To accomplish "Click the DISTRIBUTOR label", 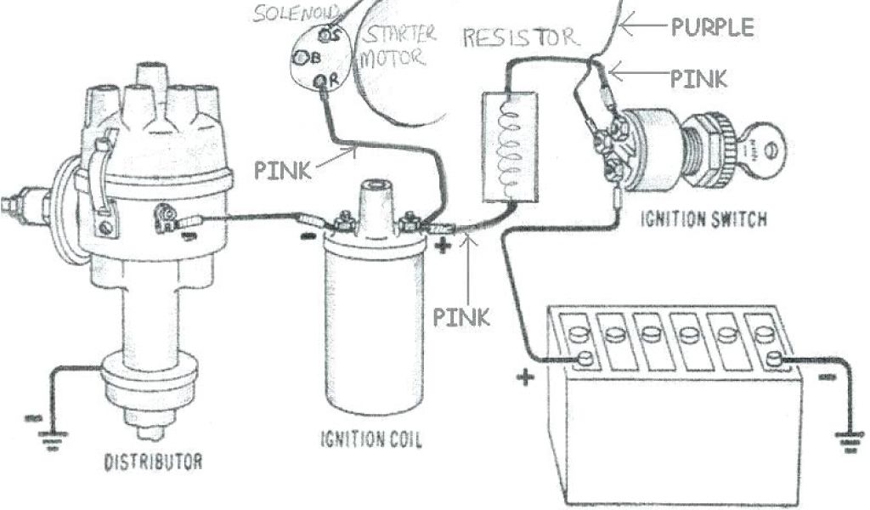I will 153,463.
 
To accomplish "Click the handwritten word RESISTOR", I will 518,37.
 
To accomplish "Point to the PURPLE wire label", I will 712,27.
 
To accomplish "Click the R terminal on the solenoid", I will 321,81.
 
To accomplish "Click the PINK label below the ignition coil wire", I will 461,318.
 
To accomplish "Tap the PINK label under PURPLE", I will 698,79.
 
